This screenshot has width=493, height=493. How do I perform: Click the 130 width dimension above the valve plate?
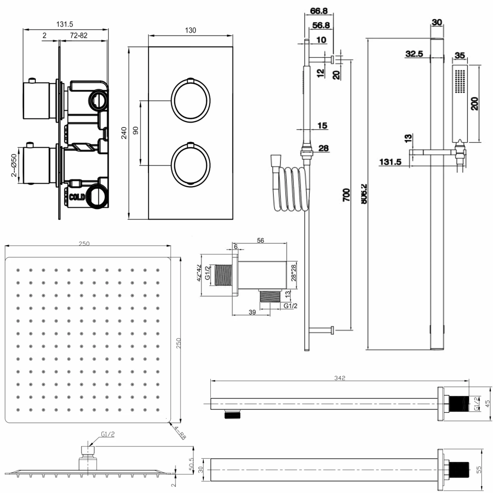click(x=190, y=30)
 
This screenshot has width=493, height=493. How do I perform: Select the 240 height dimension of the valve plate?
click(x=124, y=133)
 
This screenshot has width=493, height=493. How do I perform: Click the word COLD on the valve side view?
click(x=77, y=197)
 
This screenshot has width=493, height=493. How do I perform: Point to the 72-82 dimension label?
click(x=79, y=35)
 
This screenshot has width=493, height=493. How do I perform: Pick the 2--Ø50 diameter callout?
click(x=14, y=165)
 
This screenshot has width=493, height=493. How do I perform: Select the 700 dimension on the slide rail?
click(x=346, y=195)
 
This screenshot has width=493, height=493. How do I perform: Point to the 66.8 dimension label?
click(x=318, y=11)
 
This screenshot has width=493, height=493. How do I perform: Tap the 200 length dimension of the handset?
click(x=474, y=104)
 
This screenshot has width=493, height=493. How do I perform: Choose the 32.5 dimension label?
click(x=414, y=54)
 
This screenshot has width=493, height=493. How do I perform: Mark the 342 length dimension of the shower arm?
click(x=340, y=378)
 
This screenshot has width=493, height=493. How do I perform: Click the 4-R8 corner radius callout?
click(x=180, y=433)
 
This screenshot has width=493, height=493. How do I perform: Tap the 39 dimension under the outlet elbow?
click(x=252, y=312)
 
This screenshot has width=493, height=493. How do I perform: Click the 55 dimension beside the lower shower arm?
click(x=479, y=469)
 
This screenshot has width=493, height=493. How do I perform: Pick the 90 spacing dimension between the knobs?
click(x=135, y=130)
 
